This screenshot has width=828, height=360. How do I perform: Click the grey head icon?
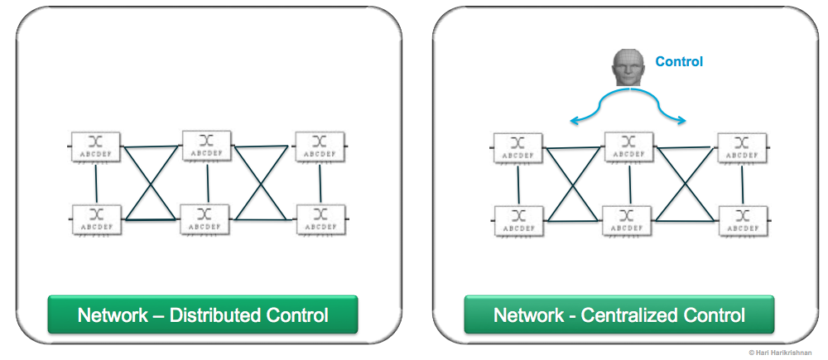point(629,68)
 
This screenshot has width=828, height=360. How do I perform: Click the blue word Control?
point(679,61)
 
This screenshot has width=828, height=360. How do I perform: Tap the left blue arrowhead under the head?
point(573,122)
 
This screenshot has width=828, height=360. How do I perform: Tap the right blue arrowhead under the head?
point(683,122)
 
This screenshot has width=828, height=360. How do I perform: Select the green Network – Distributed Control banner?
point(203,315)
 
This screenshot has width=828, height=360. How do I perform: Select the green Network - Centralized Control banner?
point(619,315)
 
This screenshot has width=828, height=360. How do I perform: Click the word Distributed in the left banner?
point(204,315)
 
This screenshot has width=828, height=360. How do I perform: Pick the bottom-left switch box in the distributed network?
point(97,219)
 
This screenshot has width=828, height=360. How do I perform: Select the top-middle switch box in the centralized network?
point(629,146)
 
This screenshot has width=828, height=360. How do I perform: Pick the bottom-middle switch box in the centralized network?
point(628,221)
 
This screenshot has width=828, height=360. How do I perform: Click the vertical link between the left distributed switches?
point(97,183)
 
